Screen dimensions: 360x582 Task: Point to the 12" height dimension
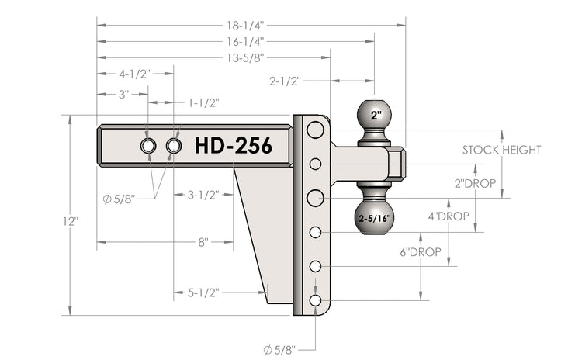71,221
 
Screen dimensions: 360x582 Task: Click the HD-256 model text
233,146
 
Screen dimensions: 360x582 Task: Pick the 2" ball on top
376,116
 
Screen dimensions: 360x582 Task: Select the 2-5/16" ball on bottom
376,218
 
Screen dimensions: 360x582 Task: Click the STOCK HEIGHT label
501,150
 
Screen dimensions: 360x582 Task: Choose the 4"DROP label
448,216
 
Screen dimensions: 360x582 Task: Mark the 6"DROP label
421,252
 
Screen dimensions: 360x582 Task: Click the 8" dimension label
203,242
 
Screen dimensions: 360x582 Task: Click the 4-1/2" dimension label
134,74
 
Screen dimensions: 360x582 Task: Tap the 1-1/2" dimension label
203,102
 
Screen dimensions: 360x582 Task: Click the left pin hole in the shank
147,146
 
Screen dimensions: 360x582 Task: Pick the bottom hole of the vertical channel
315,300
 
